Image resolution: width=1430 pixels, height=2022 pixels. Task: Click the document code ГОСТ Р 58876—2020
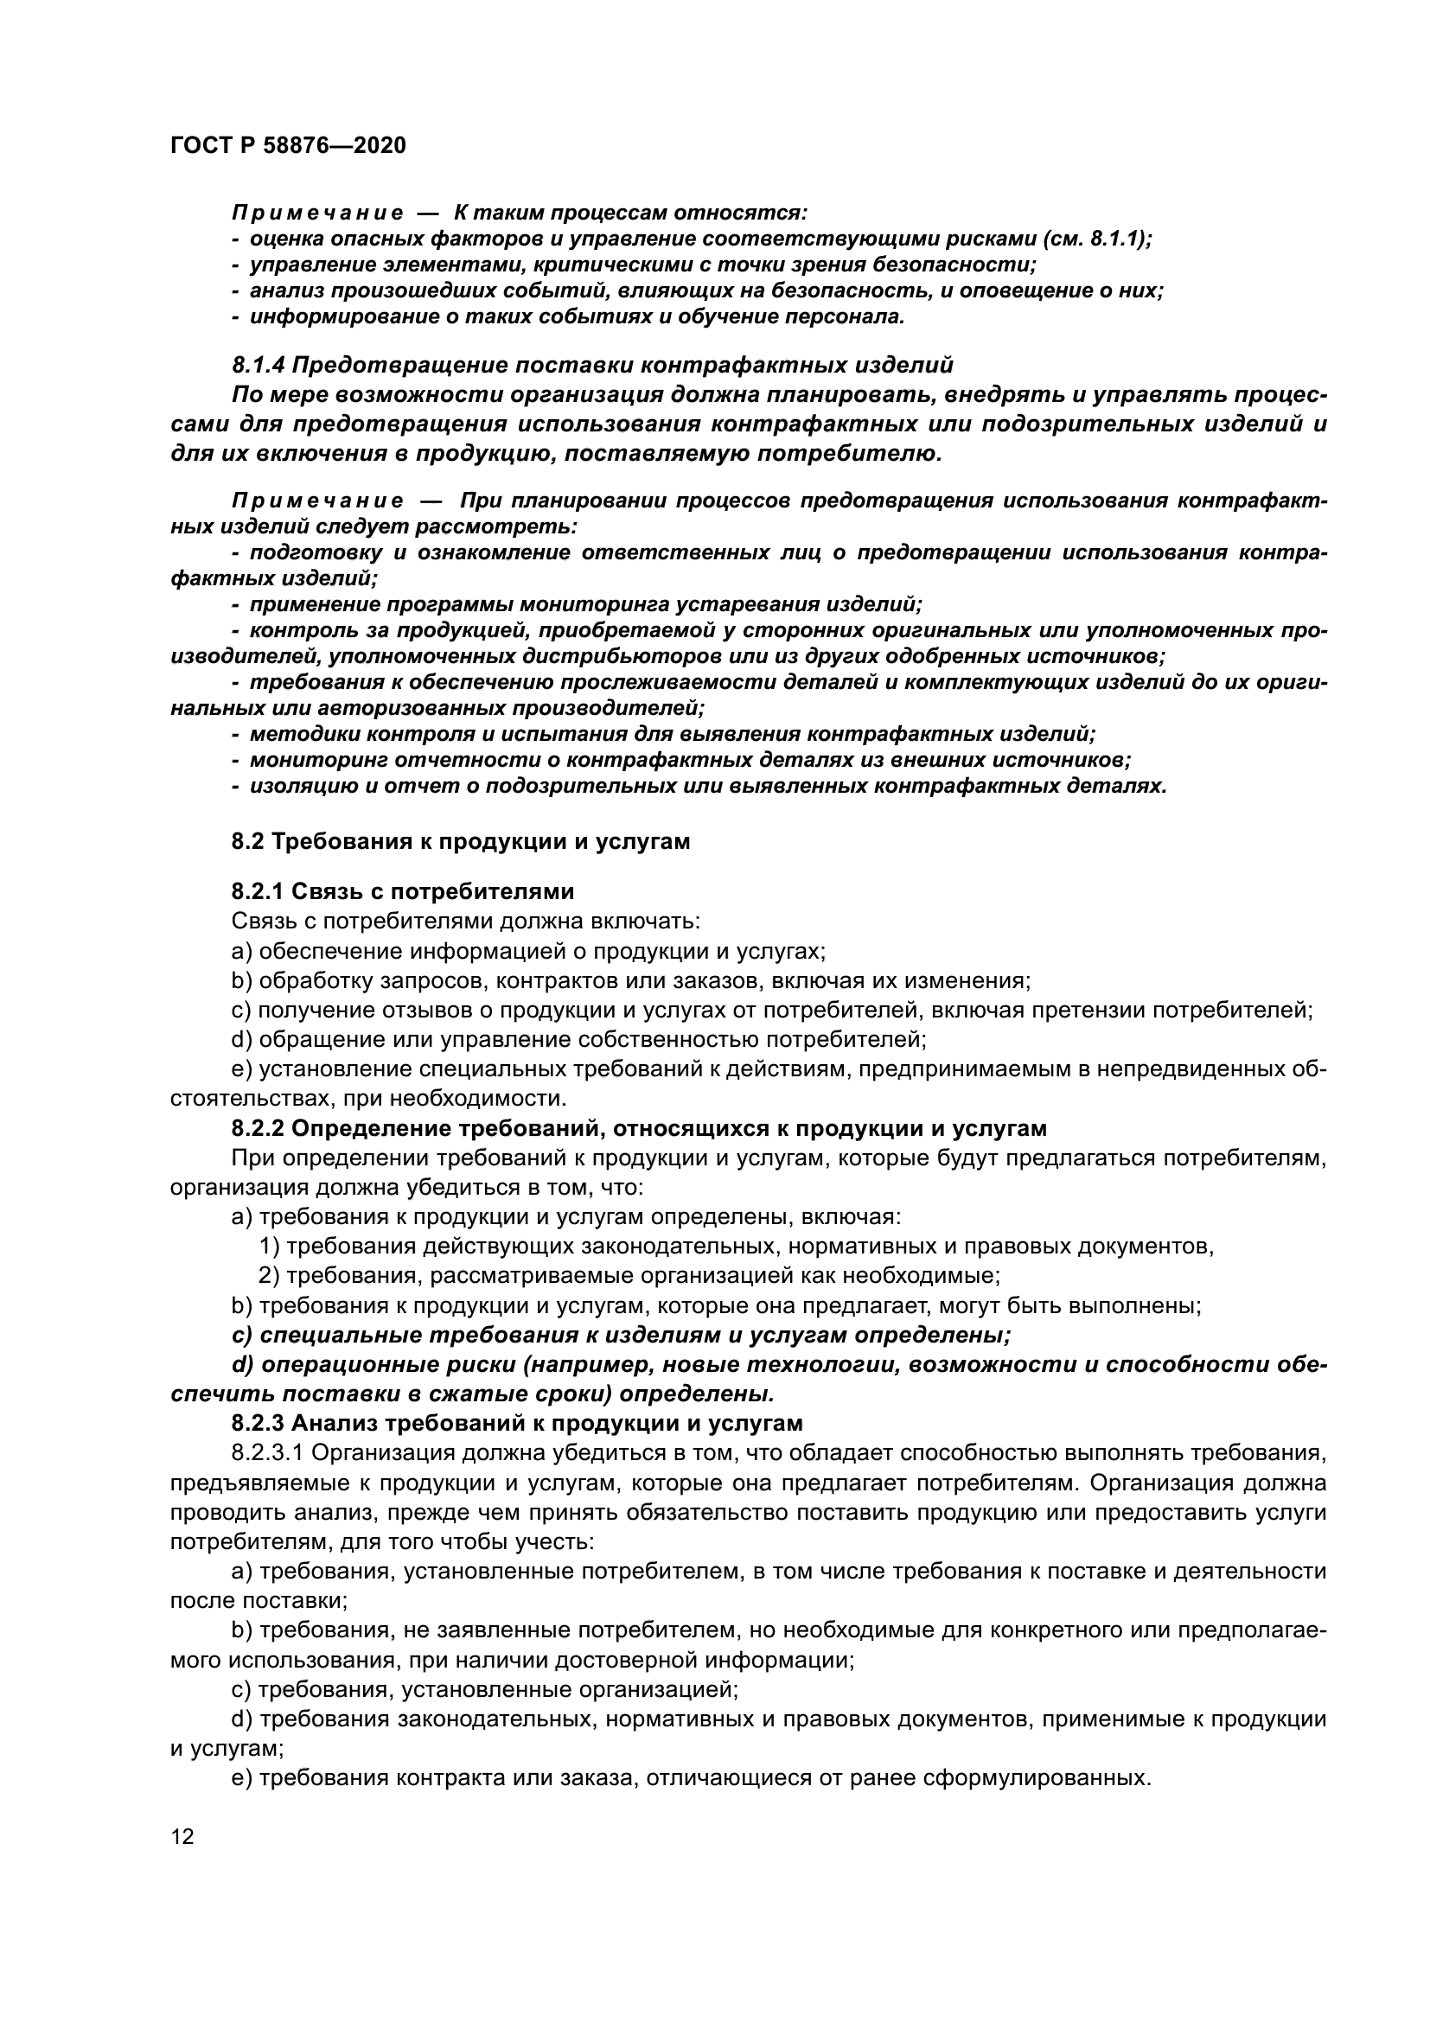click(x=288, y=145)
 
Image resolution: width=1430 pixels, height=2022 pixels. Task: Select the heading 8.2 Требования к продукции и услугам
click(x=460, y=841)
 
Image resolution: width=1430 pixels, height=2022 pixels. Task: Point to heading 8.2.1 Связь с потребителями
click(x=402, y=891)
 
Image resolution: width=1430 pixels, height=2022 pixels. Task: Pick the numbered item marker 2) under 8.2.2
click(x=269, y=1274)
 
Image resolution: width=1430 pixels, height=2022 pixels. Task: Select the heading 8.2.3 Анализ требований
click(x=517, y=1422)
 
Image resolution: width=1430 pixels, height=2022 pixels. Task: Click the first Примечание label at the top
click(x=317, y=214)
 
